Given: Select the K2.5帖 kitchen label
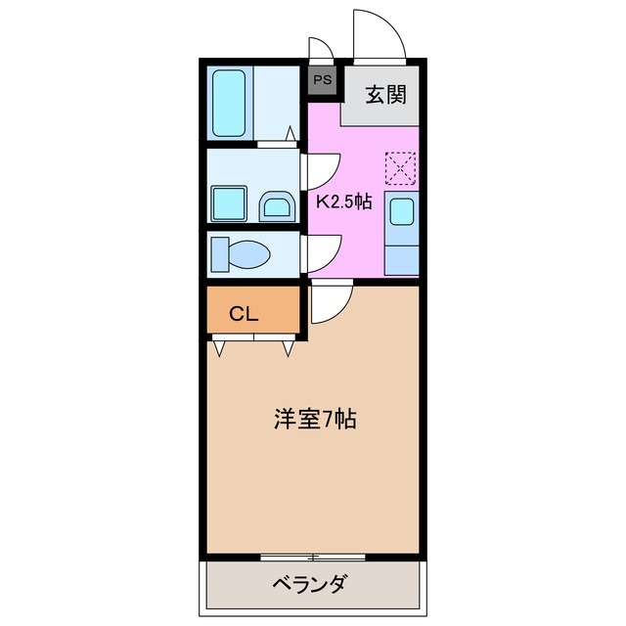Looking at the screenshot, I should [343, 201].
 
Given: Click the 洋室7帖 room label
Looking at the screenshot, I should [313, 421].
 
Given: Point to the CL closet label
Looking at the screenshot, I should [244, 314].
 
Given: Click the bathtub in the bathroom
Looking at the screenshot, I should [232, 103].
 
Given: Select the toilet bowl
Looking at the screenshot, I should [249, 254].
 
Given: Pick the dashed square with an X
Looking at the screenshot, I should [400, 168].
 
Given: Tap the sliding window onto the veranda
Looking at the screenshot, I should [313, 558].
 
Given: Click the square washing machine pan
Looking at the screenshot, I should [233, 203].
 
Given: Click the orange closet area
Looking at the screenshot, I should [253, 313].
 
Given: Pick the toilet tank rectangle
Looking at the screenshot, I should [220, 254].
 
